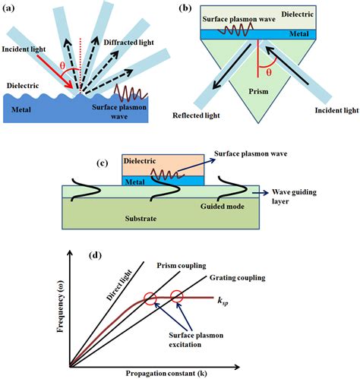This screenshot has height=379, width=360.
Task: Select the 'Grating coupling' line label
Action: click(x=240, y=278)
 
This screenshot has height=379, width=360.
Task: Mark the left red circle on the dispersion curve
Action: click(x=150, y=298)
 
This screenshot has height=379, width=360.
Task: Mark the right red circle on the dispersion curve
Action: click(x=177, y=297)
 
